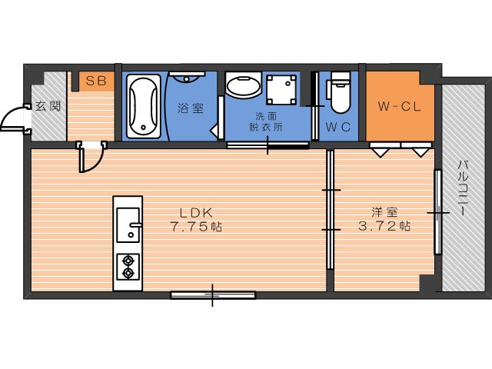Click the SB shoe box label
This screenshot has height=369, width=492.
(96, 81)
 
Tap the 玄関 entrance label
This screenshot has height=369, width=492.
(48, 106)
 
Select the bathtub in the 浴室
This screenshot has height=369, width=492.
(144, 106)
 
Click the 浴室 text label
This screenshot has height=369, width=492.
(191, 108)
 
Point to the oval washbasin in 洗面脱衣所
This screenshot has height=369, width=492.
(244, 85)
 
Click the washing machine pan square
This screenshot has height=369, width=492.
(281, 89)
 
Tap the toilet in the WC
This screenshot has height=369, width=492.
(339, 92)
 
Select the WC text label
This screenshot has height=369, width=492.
(338, 127)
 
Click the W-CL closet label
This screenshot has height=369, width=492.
(399, 107)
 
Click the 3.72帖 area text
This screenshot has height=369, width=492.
(384, 225)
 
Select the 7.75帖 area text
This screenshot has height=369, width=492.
(196, 226)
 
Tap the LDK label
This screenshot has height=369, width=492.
(197, 213)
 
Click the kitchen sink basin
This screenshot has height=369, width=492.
(128, 225)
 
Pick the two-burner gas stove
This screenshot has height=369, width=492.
(128, 267)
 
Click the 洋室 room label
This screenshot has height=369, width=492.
(384, 212)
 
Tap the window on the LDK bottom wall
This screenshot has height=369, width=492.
(213, 295)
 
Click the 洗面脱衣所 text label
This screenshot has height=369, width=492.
(266, 121)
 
